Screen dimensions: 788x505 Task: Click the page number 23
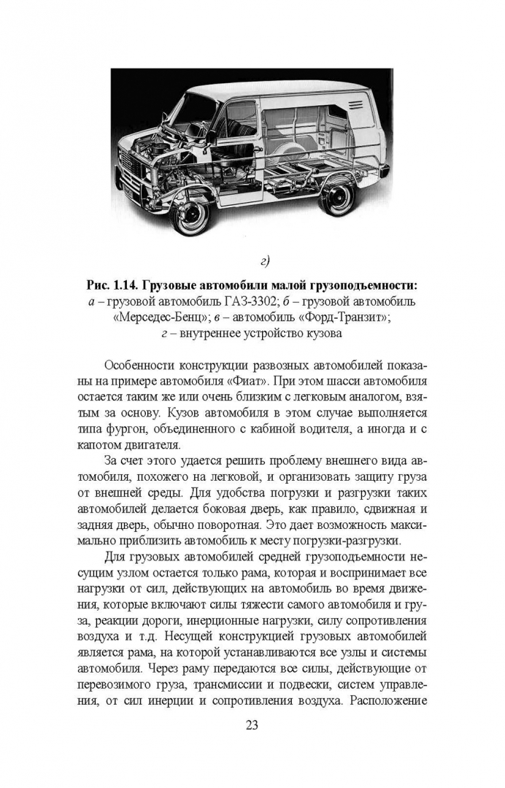(252, 725)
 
